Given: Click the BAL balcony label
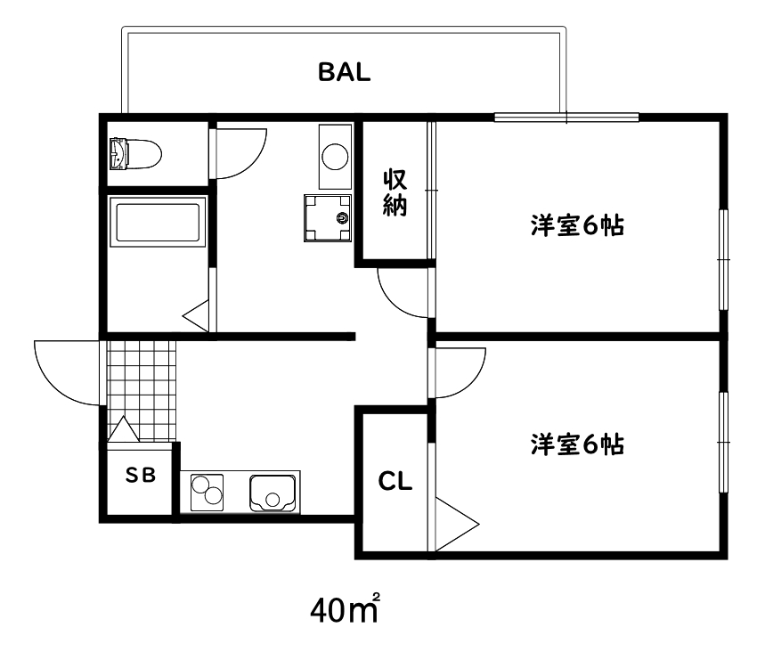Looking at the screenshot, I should [344, 73].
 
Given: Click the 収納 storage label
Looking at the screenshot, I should [395, 192].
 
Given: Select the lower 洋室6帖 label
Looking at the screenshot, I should [576, 443].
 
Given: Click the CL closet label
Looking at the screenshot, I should [395, 482].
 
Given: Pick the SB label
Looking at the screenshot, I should [140, 476].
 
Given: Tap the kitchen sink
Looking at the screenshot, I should [273, 490].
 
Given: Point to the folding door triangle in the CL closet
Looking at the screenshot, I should [454, 522].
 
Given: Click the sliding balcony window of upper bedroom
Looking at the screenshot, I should [566, 117].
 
